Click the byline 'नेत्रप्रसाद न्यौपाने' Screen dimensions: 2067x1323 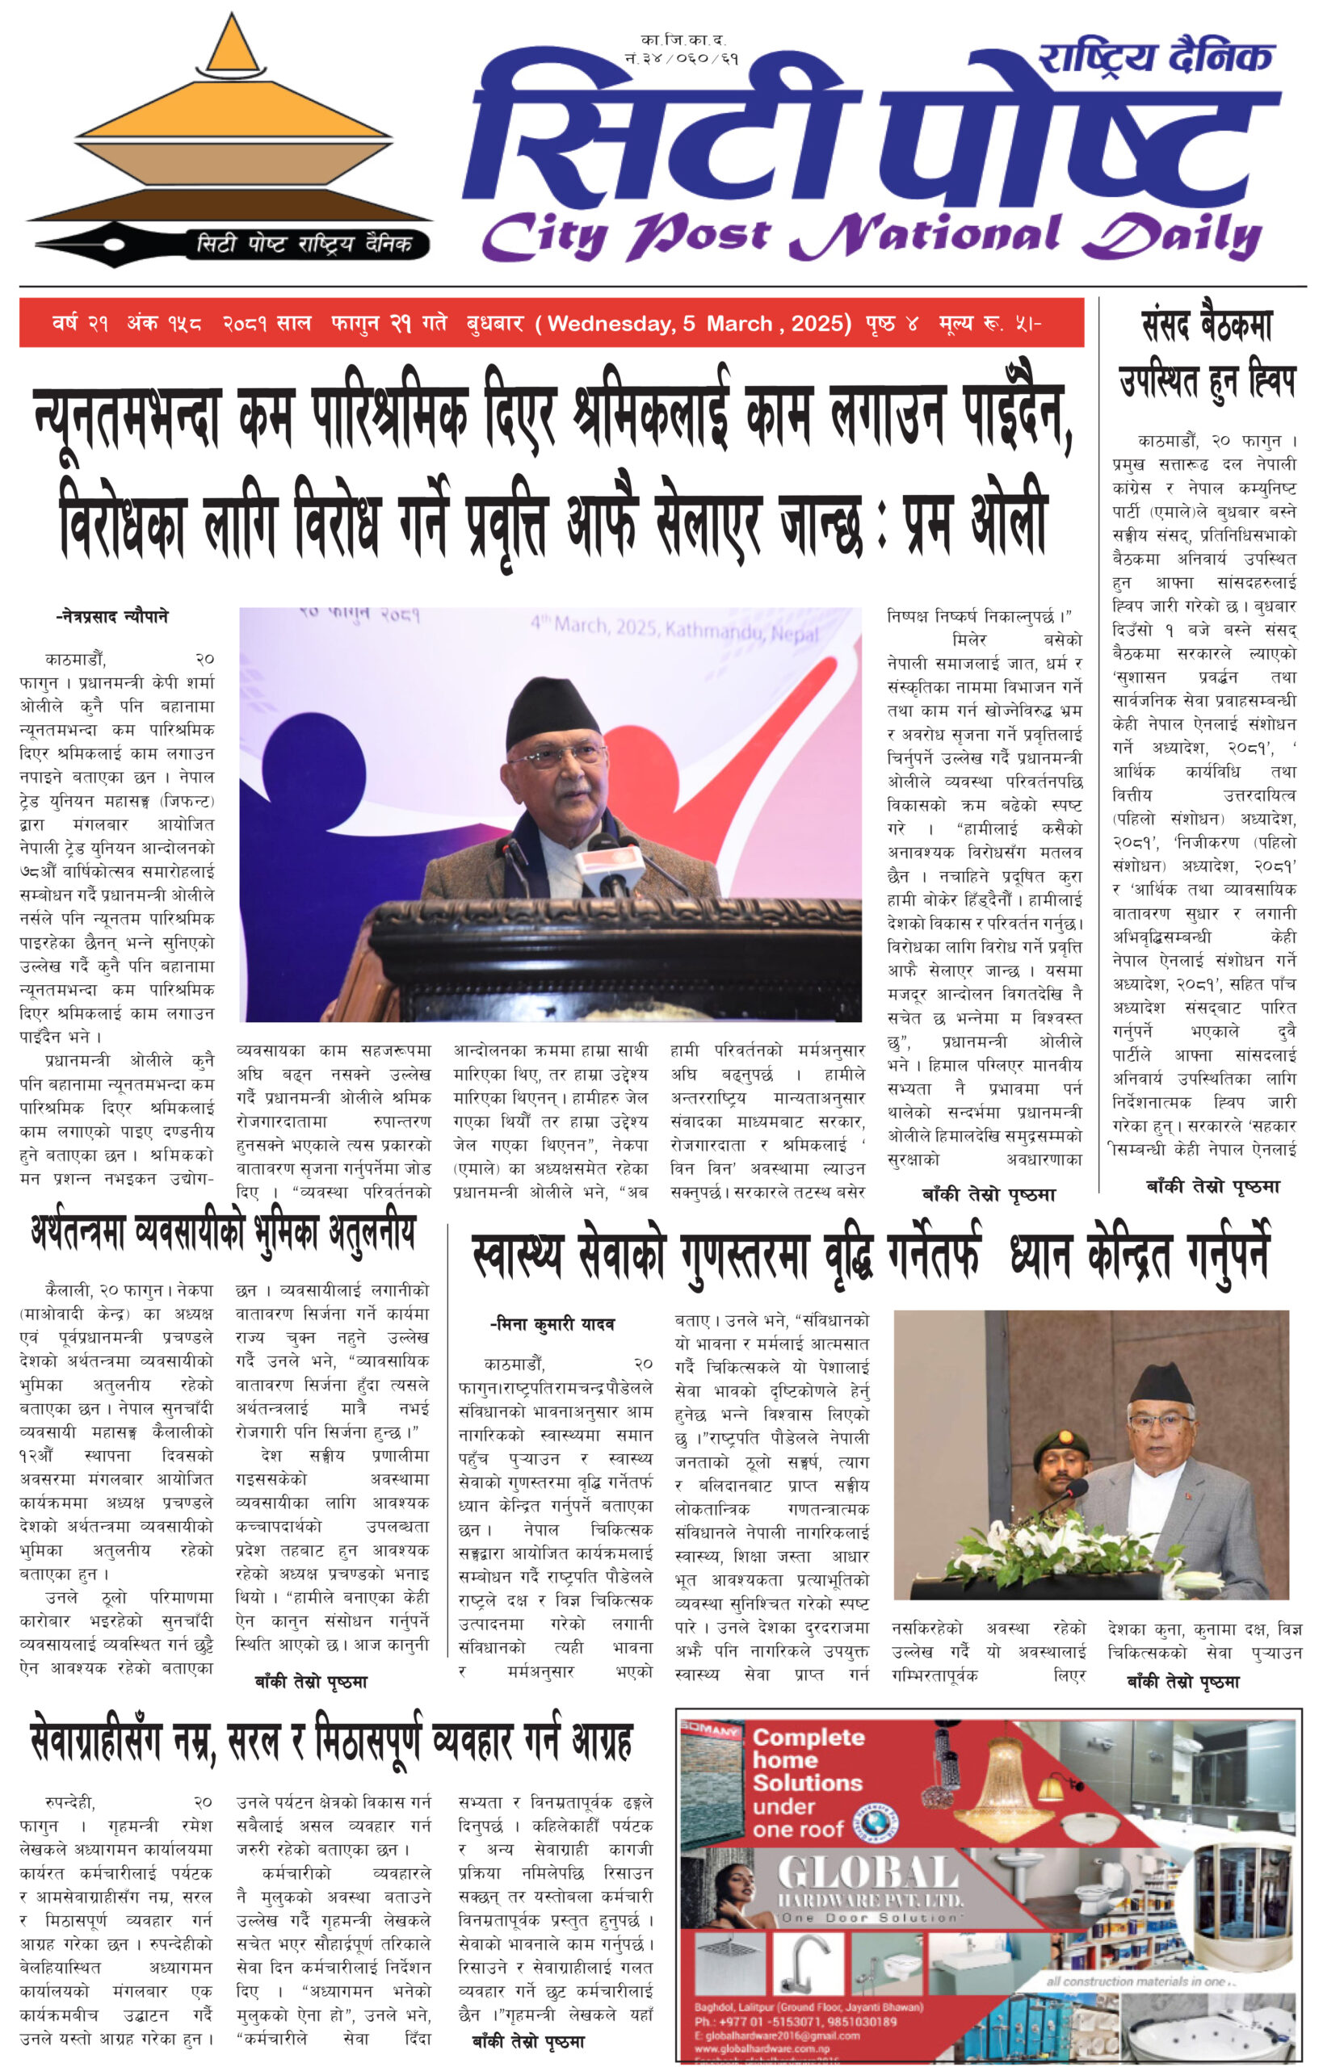pos(112,617)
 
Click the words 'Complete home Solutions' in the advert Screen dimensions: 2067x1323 pos(808,1759)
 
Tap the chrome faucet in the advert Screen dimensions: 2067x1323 pos(808,1967)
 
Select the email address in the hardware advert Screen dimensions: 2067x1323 pos(777,2036)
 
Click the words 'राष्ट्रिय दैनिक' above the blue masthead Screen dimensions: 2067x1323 pos(1156,58)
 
